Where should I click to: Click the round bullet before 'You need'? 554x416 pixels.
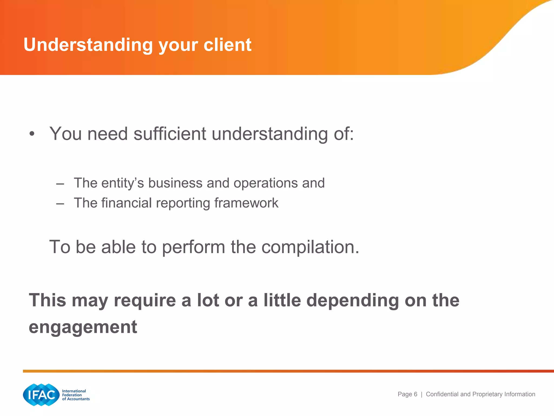pos(32,134)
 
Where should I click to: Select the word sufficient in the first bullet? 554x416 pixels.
pos(170,134)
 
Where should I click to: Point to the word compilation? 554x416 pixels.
pos(310,247)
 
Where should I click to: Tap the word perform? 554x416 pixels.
pos(193,247)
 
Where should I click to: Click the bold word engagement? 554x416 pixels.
pos(83,327)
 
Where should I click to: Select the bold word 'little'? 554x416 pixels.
pos(282,300)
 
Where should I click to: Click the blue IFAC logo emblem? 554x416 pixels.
pos(41,395)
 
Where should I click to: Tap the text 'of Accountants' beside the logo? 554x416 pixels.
pos(76,399)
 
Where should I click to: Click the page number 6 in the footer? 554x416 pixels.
pos(415,394)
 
